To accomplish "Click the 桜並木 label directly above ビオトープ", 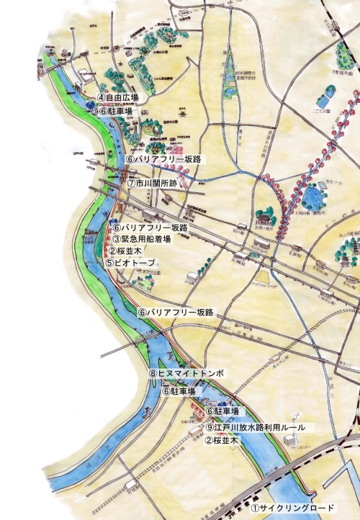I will coord(132,251).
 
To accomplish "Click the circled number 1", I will coord(255,508).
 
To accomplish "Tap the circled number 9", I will coord(210,427).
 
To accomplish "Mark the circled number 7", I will coord(131,184).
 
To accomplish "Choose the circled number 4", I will coord(101,97).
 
